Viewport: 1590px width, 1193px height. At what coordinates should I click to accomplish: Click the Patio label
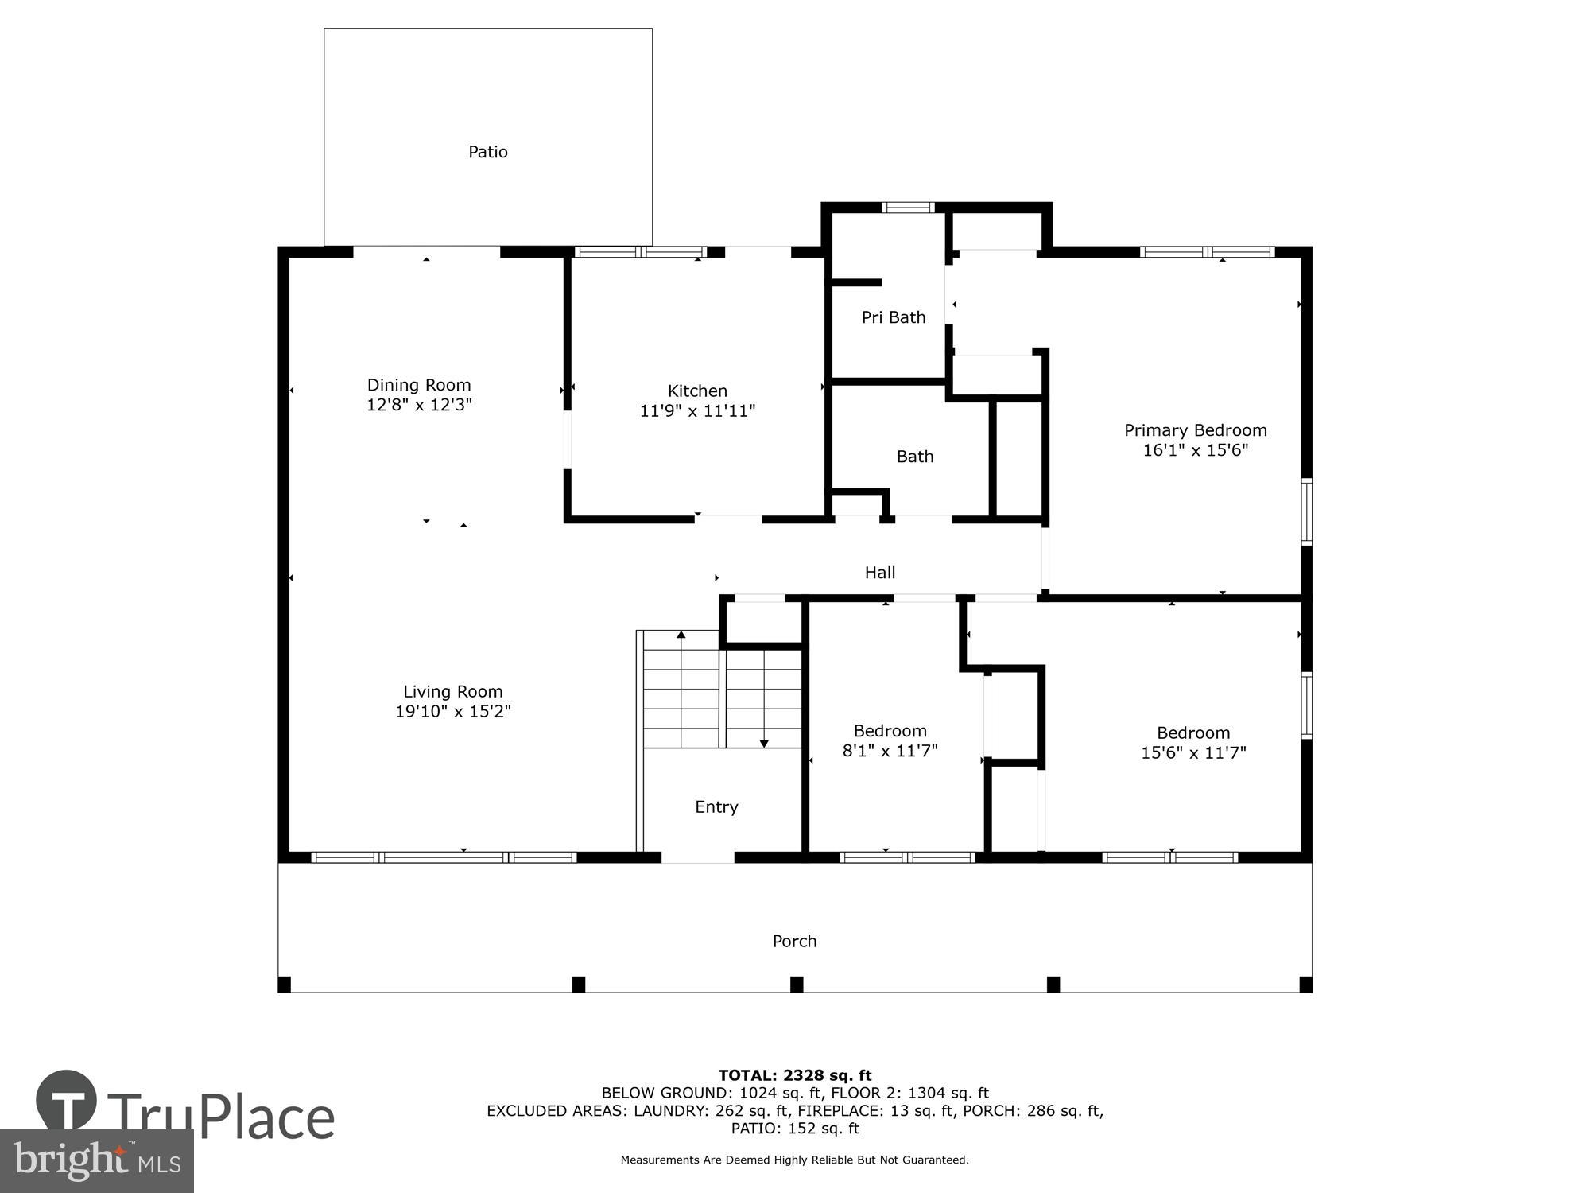click(487, 152)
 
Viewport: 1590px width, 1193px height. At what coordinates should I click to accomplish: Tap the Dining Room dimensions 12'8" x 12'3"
click(419, 405)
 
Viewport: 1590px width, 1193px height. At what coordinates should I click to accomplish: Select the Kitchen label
click(697, 391)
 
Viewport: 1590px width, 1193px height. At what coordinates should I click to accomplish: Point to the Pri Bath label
click(894, 317)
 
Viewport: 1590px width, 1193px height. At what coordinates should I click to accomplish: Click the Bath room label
click(915, 457)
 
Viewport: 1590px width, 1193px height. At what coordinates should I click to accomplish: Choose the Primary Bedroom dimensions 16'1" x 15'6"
click(1195, 450)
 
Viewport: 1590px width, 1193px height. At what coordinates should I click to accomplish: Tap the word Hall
click(880, 573)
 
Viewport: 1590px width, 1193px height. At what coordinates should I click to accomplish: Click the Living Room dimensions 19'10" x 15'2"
click(452, 712)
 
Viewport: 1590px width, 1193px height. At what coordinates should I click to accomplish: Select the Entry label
click(716, 807)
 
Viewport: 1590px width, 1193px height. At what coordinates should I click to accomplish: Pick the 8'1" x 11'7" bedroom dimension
click(890, 751)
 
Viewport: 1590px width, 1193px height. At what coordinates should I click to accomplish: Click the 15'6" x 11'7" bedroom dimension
click(1193, 752)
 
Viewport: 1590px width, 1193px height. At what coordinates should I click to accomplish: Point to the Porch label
click(794, 942)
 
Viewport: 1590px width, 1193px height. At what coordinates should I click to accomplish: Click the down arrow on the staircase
click(764, 742)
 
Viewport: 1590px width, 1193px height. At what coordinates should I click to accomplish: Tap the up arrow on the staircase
click(681, 635)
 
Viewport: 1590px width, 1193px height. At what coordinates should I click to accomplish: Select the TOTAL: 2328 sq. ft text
click(794, 1076)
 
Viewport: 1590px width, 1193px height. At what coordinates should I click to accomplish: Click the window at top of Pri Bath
click(907, 208)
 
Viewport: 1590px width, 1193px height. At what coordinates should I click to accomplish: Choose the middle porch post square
click(797, 985)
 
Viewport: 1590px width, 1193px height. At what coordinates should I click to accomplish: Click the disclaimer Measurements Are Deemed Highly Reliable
click(794, 1160)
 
